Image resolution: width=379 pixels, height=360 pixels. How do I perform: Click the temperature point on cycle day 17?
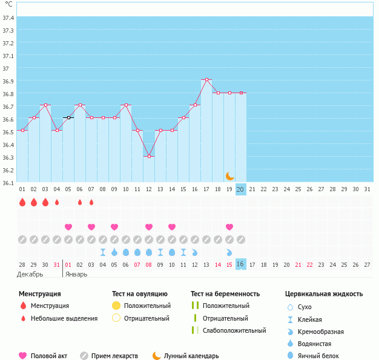[x=206, y=80]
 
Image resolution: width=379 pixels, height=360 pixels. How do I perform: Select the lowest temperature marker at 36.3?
[x=149, y=156]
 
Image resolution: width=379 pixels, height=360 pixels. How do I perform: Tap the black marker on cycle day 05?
[x=68, y=118]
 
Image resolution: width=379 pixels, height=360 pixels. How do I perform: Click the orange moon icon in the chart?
[x=229, y=175]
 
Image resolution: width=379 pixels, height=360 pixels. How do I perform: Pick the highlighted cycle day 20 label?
[x=241, y=189]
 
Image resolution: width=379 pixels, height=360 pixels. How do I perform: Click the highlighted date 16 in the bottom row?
[x=241, y=264]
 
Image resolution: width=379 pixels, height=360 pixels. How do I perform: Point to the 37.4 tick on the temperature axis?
[x=8, y=18]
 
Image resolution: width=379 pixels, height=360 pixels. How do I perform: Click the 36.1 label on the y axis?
[x=8, y=183]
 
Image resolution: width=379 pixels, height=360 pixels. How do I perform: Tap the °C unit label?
[x=8, y=5]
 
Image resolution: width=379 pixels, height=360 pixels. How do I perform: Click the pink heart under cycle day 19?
[x=229, y=227]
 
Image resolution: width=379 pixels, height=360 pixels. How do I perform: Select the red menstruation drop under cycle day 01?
[x=22, y=202]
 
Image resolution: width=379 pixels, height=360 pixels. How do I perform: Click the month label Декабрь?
[x=30, y=274]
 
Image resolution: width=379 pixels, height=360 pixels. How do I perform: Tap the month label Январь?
[x=76, y=274]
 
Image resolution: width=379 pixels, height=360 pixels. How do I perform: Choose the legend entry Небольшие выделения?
[x=64, y=318]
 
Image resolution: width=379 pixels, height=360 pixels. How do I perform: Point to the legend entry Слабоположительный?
[x=234, y=330]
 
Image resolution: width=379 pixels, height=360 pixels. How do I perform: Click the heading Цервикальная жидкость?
[x=324, y=294]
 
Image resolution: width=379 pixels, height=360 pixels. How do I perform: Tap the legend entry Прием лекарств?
[x=114, y=356]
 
